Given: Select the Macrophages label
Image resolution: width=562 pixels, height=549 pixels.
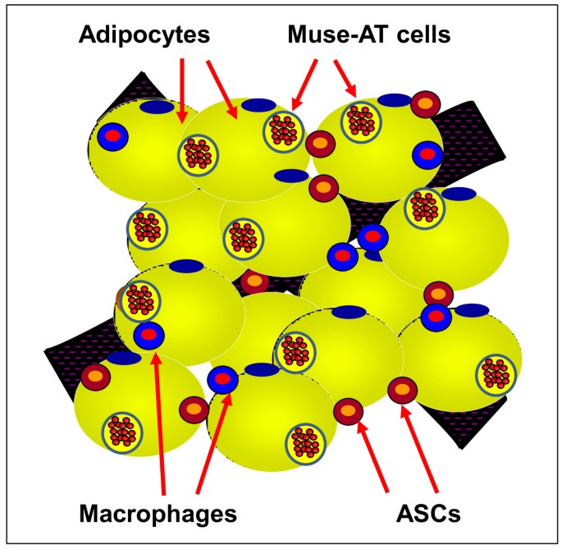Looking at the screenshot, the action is (x=157, y=515).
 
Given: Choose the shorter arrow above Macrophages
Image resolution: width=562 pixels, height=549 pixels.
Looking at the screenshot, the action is (x=213, y=443).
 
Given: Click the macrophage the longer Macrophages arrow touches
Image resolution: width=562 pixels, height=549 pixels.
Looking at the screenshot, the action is (x=148, y=333).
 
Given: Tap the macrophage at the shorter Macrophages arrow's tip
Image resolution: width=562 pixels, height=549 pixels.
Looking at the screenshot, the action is (x=222, y=379).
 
